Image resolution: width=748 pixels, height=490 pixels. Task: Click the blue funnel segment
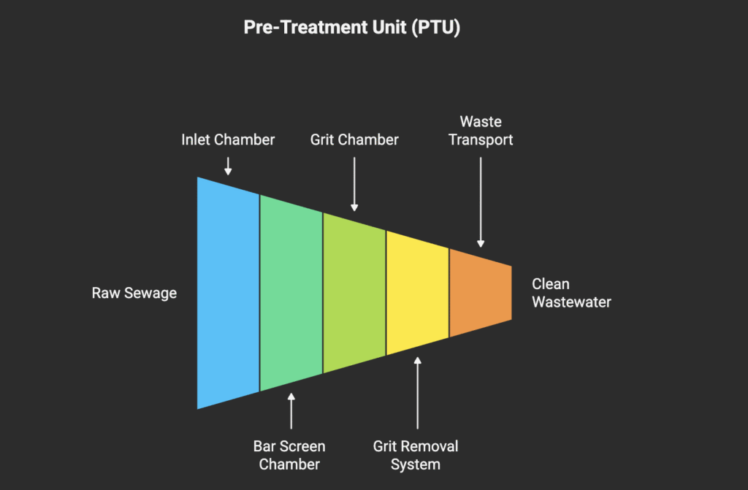(x=228, y=292)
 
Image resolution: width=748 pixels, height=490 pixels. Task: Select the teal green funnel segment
(x=291, y=292)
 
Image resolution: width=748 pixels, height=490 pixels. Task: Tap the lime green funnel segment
(x=354, y=292)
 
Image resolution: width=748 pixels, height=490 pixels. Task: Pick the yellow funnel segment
(x=416, y=292)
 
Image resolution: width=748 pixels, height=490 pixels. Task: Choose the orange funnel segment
(x=480, y=292)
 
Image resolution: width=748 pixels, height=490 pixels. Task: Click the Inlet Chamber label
(x=228, y=139)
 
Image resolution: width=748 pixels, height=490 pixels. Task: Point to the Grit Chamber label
(x=354, y=139)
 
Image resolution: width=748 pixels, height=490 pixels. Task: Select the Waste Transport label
(x=481, y=130)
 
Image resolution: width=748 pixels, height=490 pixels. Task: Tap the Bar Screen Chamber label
(x=290, y=454)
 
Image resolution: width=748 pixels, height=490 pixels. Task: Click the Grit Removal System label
(x=416, y=454)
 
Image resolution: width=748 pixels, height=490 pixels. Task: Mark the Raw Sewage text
(x=134, y=293)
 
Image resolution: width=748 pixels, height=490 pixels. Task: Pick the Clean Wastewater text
(x=570, y=293)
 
